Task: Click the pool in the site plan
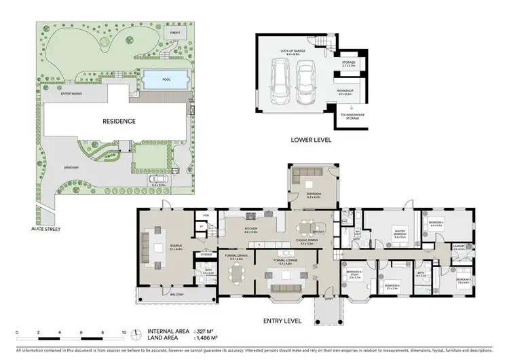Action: coord(166,79)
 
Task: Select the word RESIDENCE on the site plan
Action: coord(119,121)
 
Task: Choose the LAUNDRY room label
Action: coord(458,247)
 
